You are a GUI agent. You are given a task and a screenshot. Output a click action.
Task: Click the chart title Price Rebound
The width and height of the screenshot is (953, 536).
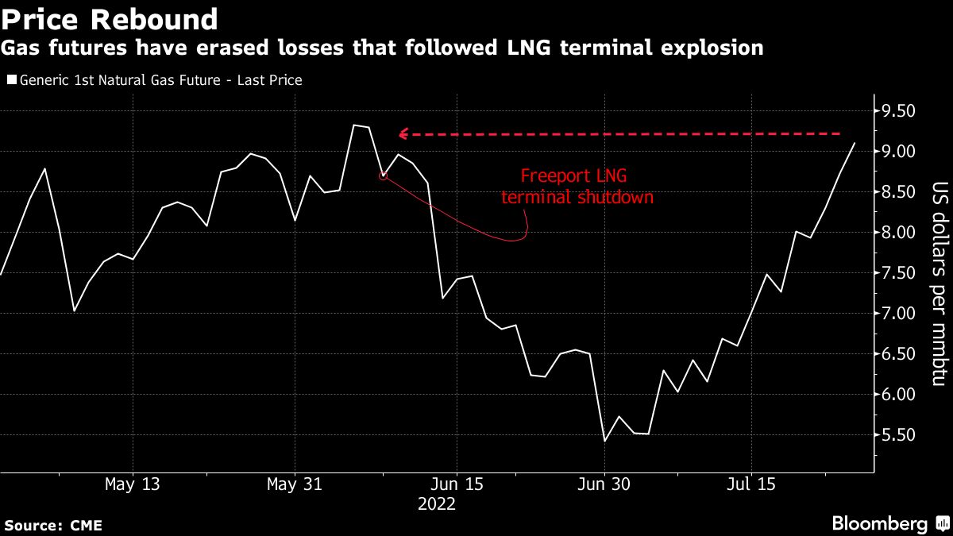tap(110, 19)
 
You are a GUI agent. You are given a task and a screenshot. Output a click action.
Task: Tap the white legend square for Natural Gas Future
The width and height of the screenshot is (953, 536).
tap(10, 80)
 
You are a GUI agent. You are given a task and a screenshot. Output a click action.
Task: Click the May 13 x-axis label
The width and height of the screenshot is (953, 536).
tap(133, 484)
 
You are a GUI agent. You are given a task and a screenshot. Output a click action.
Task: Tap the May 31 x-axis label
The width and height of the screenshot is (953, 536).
tap(295, 484)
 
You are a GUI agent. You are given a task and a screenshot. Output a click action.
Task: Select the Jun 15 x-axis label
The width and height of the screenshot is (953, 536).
tap(457, 484)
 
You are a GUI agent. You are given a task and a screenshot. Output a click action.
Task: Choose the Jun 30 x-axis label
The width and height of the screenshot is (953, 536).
tap(604, 484)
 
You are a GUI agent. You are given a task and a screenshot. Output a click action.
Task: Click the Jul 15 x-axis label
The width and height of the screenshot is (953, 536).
tap(751, 484)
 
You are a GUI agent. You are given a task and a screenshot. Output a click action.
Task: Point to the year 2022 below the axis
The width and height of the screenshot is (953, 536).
tap(437, 503)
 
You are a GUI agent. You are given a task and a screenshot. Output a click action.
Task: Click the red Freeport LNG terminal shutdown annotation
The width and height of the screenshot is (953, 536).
tap(577, 187)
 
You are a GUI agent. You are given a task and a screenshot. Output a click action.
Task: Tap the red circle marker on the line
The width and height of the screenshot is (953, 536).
tap(384, 175)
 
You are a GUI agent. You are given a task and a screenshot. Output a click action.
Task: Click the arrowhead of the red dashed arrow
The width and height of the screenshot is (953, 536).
tap(403, 134)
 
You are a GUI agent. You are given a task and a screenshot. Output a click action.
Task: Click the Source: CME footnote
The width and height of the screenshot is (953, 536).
tap(53, 526)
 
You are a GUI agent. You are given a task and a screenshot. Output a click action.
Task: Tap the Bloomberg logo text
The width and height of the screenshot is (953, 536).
tap(879, 523)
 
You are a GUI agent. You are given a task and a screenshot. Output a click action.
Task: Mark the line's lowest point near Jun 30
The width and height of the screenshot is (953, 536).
tap(605, 441)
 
